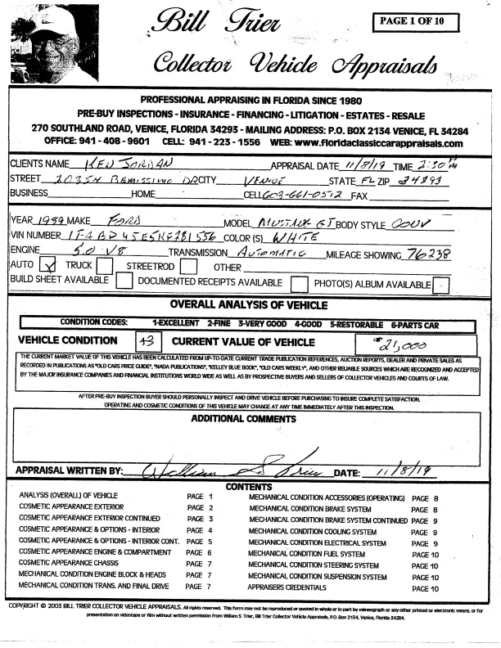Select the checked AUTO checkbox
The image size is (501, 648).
(47, 267)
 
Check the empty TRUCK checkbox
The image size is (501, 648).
(104, 267)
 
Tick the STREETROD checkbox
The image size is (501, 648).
(187, 267)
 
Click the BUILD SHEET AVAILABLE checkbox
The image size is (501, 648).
(124, 282)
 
